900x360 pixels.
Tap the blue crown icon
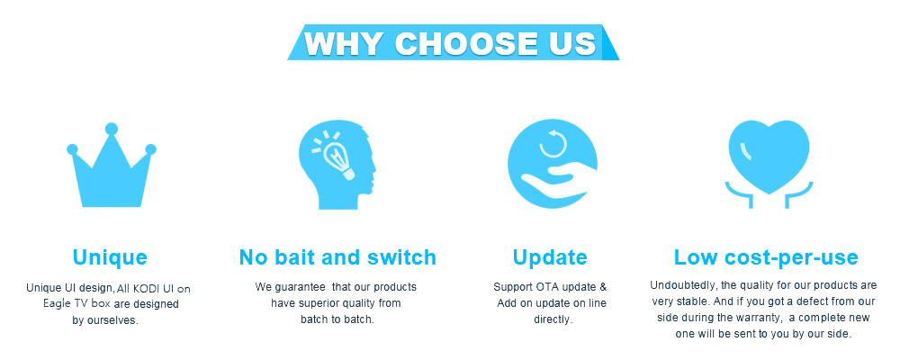(112, 166)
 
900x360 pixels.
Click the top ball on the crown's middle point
(112, 129)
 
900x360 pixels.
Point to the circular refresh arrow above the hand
(553, 144)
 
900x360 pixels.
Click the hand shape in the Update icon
(558, 178)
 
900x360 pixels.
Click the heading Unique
(110, 257)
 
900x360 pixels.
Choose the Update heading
(550, 257)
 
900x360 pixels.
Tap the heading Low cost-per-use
(766, 257)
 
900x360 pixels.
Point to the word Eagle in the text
(56, 303)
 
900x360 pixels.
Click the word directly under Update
(553, 319)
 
